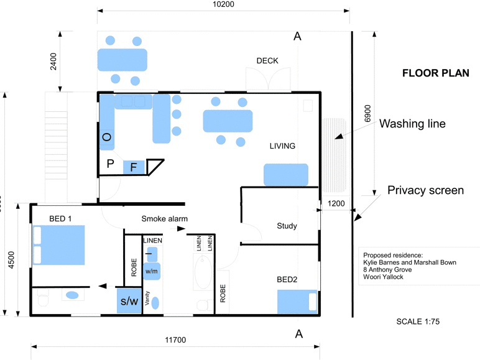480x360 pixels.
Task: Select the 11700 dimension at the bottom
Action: click(175, 339)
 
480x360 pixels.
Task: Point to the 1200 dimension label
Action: click(336, 203)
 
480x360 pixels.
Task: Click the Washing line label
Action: click(413, 124)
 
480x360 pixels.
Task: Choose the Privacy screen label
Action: click(425, 190)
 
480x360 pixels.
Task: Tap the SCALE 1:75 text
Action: click(418, 322)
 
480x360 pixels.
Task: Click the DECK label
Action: click(267, 60)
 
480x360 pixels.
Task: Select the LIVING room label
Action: click(282, 146)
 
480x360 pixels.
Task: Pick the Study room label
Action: click(287, 226)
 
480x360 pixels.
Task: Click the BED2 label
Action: click(287, 279)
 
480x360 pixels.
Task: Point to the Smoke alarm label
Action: click(164, 218)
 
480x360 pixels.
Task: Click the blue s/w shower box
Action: click(129, 302)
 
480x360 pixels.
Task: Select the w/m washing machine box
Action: click(152, 271)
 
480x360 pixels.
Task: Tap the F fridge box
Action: click(134, 167)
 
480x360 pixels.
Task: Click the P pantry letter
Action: click(111, 164)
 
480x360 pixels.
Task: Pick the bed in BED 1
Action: click(59, 245)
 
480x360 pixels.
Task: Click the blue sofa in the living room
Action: click(286, 175)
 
